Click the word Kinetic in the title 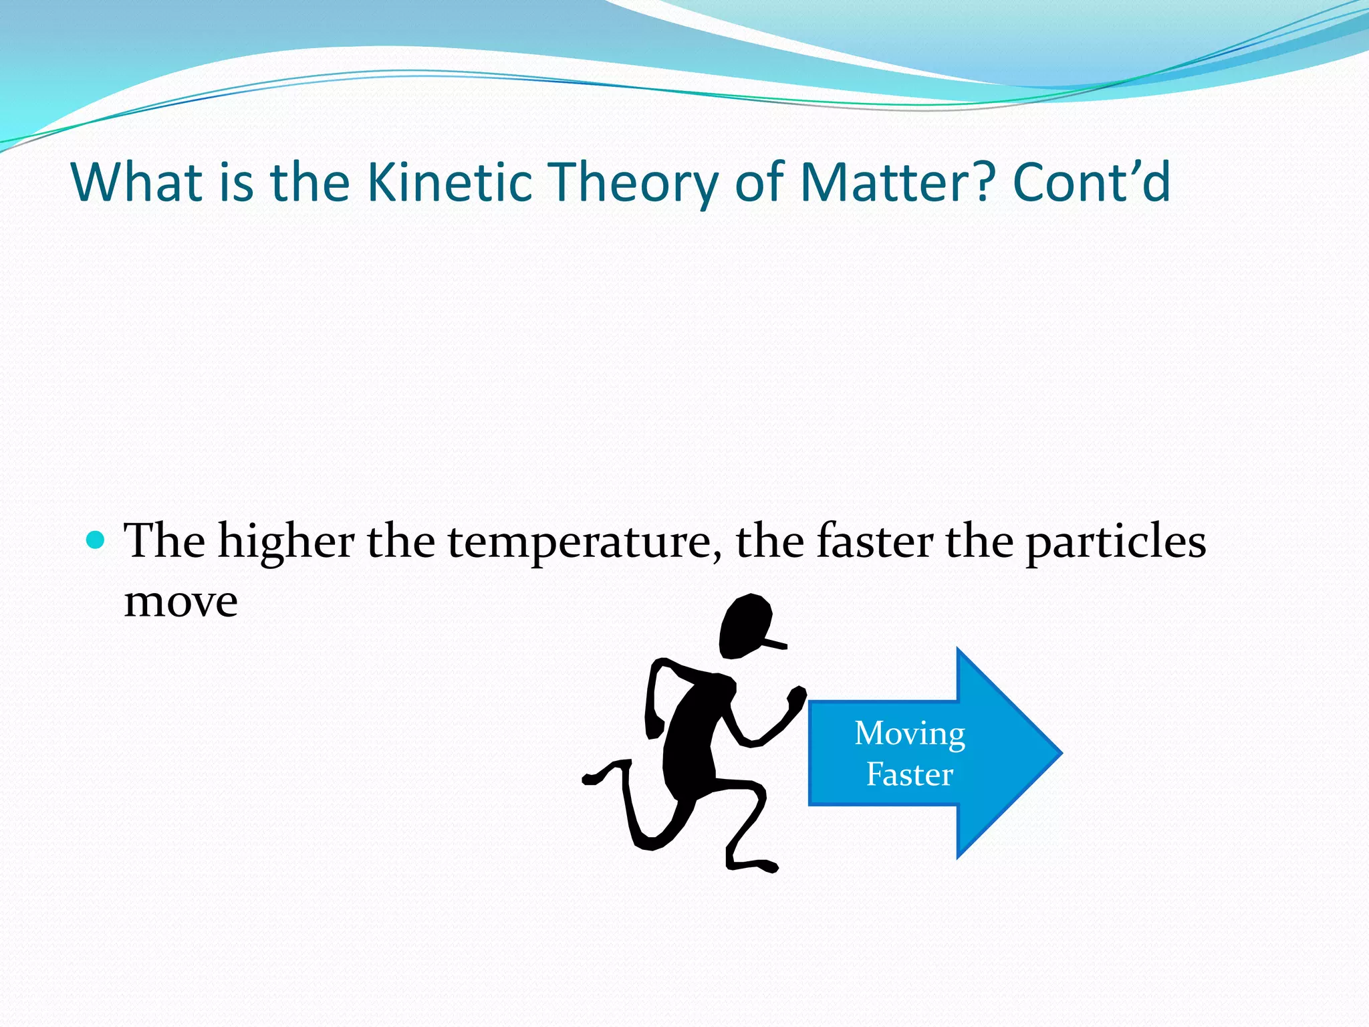[x=450, y=182]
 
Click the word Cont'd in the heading [x=1092, y=182]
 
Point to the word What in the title [x=137, y=182]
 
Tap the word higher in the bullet [x=286, y=542]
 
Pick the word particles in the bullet [x=1116, y=542]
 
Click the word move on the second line [x=180, y=602]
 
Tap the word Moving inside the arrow [x=910, y=733]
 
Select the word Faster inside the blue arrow [x=909, y=774]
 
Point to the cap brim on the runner [x=775, y=644]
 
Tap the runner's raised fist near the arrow [x=797, y=699]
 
